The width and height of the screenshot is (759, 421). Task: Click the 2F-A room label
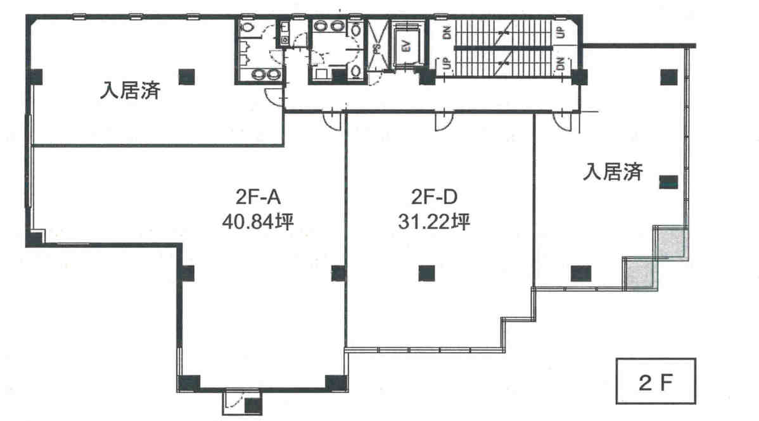pos(258,198)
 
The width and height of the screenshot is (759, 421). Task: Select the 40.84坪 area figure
pos(258,222)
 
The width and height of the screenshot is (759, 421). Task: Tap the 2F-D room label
pos(434,198)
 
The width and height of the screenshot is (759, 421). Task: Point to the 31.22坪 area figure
pos(434,222)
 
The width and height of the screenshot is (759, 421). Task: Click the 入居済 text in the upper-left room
pos(131,91)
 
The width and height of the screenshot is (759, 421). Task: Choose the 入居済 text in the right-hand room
pos(613,172)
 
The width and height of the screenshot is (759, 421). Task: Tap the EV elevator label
pos(407,46)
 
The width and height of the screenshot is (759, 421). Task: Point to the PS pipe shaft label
pos(376,48)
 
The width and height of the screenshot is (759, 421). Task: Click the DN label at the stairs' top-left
pos(447,32)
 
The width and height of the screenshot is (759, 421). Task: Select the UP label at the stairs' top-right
pos(561,32)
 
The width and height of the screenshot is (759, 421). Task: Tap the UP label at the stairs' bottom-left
pos(447,63)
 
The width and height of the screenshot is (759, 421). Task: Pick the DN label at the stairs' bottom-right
pos(561,63)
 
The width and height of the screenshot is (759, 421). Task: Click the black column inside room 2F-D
pos(426,273)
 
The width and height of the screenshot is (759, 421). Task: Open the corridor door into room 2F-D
pos(443,122)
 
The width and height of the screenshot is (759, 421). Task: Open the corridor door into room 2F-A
pos(333,122)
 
